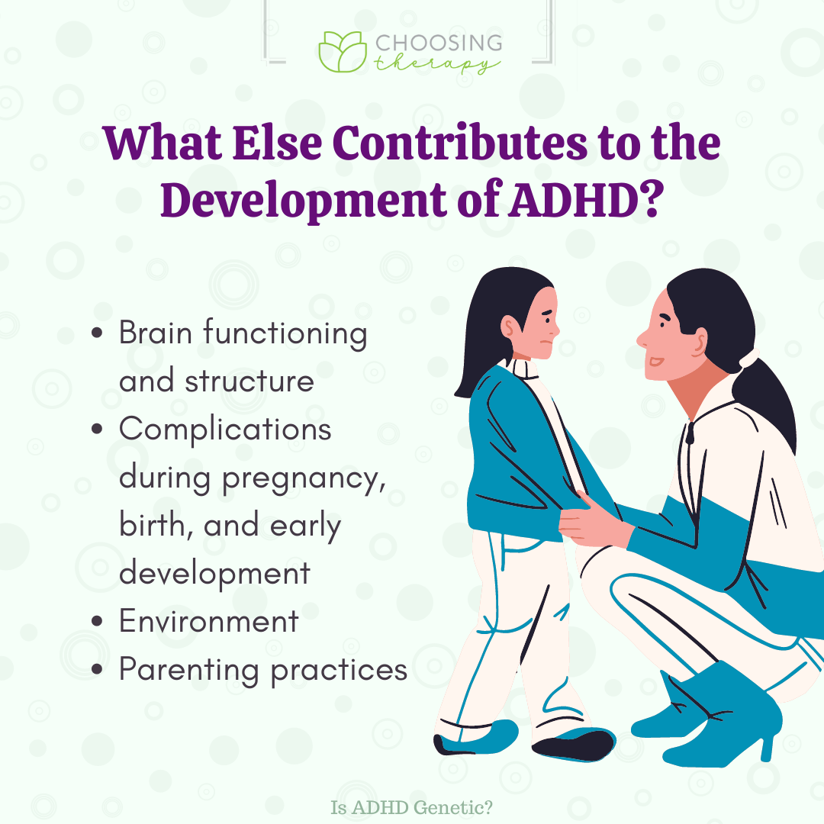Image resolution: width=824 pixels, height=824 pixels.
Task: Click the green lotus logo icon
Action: pyautogui.click(x=343, y=52)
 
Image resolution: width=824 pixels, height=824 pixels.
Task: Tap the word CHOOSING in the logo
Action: pyautogui.click(x=439, y=43)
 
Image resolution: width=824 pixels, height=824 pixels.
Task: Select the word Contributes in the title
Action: pyautogui.click(x=459, y=143)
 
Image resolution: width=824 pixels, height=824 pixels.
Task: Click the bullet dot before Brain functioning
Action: pyautogui.click(x=97, y=333)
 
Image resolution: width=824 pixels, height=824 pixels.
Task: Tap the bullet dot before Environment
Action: pyautogui.click(x=97, y=620)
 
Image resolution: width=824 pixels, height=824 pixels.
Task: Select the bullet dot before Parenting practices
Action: pyautogui.click(x=97, y=669)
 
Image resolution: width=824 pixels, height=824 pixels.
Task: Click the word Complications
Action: pyautogui.click(x=225, y=430)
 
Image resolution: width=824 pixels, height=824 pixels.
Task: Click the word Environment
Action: pyautogui.click(x=209, y=620)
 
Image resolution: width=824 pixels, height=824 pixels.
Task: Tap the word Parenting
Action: pyautogui.click(x=189, y=671)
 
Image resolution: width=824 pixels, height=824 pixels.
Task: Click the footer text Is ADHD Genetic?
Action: pyautogui.click(x=411, y=807)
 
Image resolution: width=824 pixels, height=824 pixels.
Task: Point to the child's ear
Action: pyautogui.click(x=510, y=327)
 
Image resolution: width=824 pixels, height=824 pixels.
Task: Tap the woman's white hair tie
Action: pyautogui.click(x=748, y=359)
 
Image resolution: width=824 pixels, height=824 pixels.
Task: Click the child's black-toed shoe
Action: pyautogui.click(x=573, y=743)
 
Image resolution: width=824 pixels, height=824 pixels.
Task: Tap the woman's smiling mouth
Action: pyautogui.click(x=656, y=361)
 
